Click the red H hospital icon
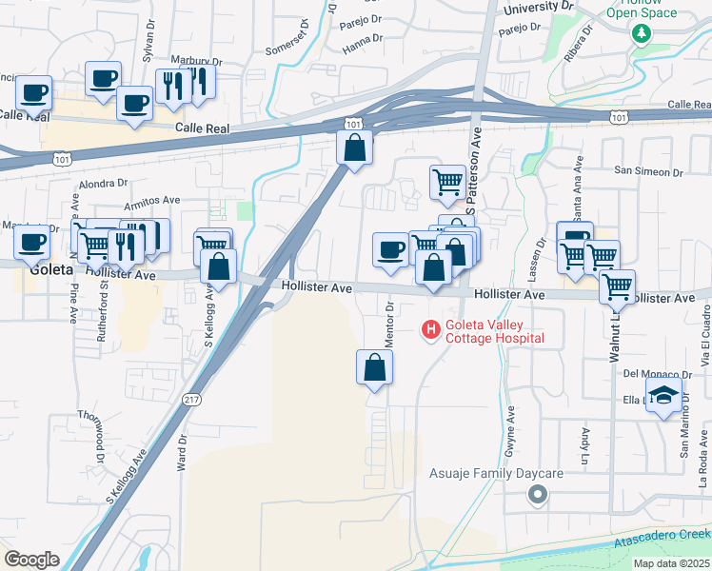tap(431, 330)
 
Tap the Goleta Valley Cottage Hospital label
tap(495, 331)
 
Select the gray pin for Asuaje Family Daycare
tap(538, 493)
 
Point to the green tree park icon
tap(642, 33)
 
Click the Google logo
tap(31, 559)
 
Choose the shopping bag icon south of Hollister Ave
tap(375, 366)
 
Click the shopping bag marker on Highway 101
tap(354, 148)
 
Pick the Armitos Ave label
tap(151, 201)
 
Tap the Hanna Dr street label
tap(363, 39)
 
